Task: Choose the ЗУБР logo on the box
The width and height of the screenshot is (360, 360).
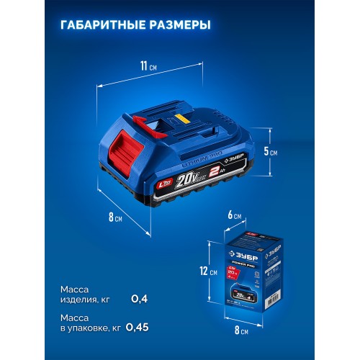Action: coord(248,253)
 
